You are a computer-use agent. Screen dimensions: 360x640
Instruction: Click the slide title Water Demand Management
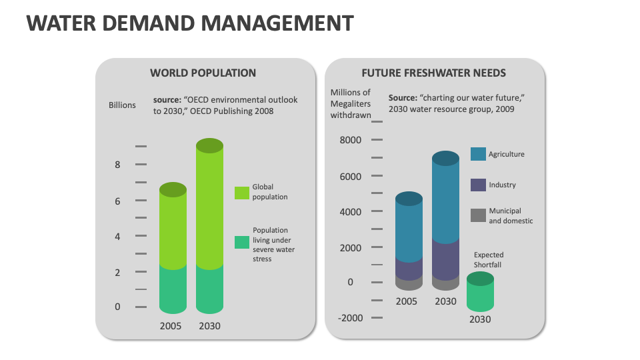[x=189, y=23]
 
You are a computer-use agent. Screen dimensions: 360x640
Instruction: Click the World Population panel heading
[x=203, y=73]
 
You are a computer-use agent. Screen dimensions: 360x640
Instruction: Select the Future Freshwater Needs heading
[x=433, y=73]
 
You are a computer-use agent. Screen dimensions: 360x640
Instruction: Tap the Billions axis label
[x=122, y=105]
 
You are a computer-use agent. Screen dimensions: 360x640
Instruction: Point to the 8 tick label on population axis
[x=118, y=164]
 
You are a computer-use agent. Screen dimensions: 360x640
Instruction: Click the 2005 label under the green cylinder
[x=171, y=326]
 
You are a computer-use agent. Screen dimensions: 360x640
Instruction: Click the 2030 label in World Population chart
[x=209, y=326]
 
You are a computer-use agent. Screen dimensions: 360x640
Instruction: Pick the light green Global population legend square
[x=242, y=192]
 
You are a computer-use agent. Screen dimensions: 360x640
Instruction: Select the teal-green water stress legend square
[x=242, y=242]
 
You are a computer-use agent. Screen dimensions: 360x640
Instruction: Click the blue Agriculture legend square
[x=478, y=154]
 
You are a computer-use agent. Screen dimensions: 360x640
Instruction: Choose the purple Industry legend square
[x=478, y=185]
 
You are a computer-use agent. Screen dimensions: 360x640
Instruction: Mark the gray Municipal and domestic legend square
[x=478, y=215]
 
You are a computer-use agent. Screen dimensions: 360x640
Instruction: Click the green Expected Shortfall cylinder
[x=480, y=293]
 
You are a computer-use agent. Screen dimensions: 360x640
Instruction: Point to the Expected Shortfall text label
[x=489, y=259]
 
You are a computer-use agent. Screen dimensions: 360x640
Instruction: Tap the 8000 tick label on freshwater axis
[x=350, y=140]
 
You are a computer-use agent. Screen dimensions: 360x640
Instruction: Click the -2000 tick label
[x=350, y=317]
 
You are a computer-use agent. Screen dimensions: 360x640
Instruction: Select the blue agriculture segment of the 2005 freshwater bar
[x=409, y=230]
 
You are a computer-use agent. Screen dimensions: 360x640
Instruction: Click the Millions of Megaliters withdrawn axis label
[x=351, y=104]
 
